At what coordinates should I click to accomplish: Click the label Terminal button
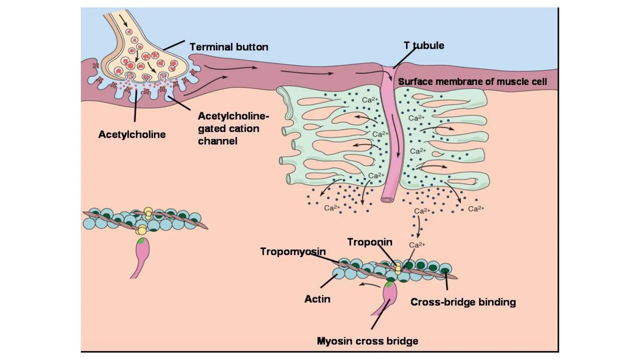229,47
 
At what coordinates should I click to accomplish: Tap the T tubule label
424,45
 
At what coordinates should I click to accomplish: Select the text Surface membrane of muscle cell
472,82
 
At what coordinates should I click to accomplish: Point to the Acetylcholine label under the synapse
132,134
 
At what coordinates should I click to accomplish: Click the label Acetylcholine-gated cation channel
233,128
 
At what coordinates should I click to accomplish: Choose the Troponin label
370,242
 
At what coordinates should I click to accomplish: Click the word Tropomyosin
293,251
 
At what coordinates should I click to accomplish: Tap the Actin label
317,299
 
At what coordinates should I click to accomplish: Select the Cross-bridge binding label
463,302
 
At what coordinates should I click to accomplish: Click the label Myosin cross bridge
367,341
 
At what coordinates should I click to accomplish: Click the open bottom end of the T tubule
387,200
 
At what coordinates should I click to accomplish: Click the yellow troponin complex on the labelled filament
398,268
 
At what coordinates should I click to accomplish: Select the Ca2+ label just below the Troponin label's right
417,245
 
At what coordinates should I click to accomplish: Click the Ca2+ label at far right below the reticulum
476,209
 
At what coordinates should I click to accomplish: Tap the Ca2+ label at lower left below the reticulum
332,208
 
